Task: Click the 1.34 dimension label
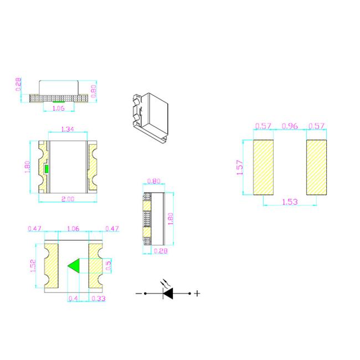[68, 129]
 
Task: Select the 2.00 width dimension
[68, 199]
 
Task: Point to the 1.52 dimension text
[33, 266]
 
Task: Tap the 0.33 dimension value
[98, 299]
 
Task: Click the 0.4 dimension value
[73, 299]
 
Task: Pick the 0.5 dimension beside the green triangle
[108, 266]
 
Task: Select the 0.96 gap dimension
[290, 126]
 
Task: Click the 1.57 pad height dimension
[239, 167]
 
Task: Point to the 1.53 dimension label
[290, 202]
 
